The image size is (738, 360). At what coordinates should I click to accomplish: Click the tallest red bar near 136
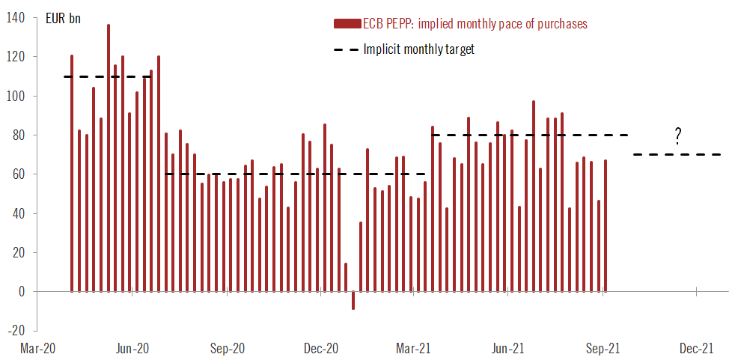109,157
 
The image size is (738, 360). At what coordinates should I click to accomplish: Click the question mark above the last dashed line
677,136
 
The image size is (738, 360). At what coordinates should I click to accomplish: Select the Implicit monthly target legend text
418,49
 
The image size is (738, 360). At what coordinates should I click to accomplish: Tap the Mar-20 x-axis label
37,349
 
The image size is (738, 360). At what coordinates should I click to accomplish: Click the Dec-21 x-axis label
696,349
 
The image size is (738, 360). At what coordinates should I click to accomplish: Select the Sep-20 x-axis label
226,349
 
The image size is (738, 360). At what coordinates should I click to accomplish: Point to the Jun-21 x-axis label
508,349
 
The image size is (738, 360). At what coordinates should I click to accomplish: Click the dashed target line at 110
112,76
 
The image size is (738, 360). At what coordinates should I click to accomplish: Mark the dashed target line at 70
677,155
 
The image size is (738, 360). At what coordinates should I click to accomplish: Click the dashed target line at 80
531,135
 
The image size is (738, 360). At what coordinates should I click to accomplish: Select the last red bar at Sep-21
606,225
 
